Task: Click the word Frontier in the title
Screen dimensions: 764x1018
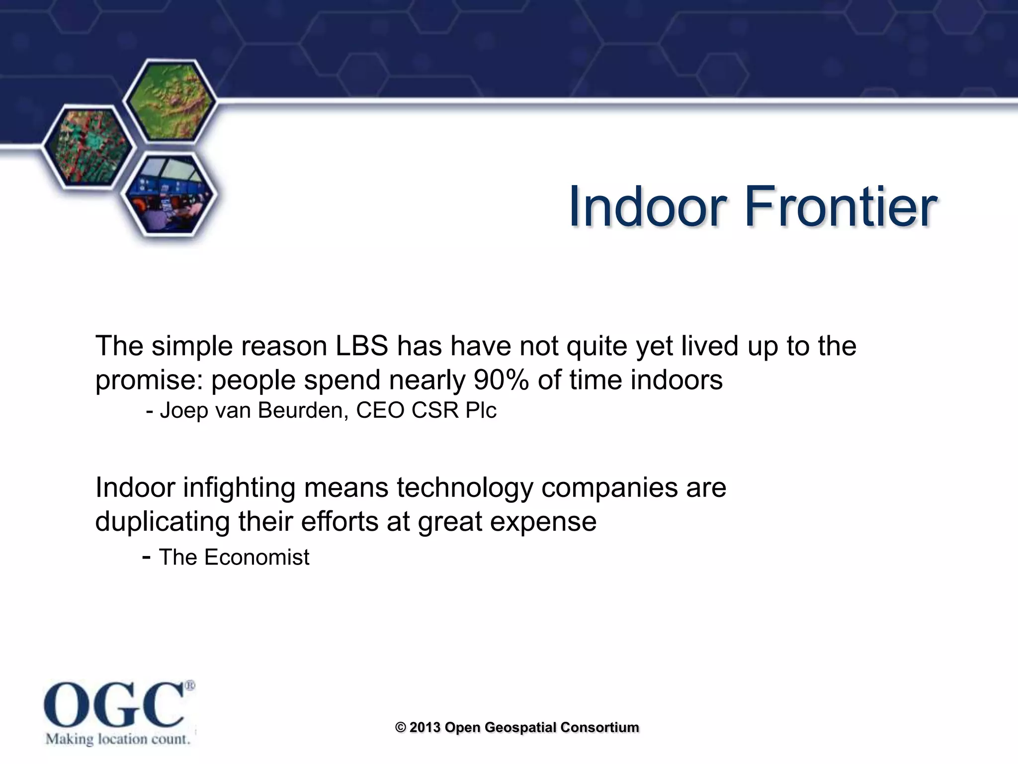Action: (x=840, y=206)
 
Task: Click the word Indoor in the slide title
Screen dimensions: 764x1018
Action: (x=645, y=206)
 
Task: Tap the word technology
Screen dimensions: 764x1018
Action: (x=464, y=487)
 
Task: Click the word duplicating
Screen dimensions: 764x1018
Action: (x=162, y=521)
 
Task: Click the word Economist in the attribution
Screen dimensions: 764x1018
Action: (x=256, y=557)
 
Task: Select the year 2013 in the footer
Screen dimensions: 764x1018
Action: (x=425, y=727)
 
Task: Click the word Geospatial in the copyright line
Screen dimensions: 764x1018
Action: (x=520, y=727)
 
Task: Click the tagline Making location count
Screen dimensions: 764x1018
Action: (x=118, y=739)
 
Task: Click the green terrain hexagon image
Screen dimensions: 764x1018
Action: (x=170, y=101)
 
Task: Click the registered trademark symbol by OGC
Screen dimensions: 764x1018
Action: (x=190, y=686)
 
